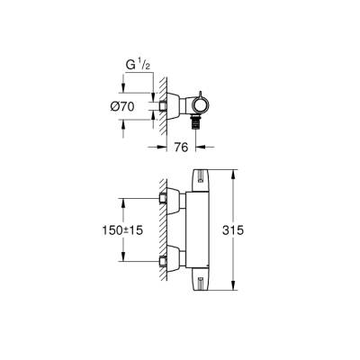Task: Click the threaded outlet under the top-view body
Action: (x=197, y=115)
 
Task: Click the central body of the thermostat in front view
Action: (x=197, y=229)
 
